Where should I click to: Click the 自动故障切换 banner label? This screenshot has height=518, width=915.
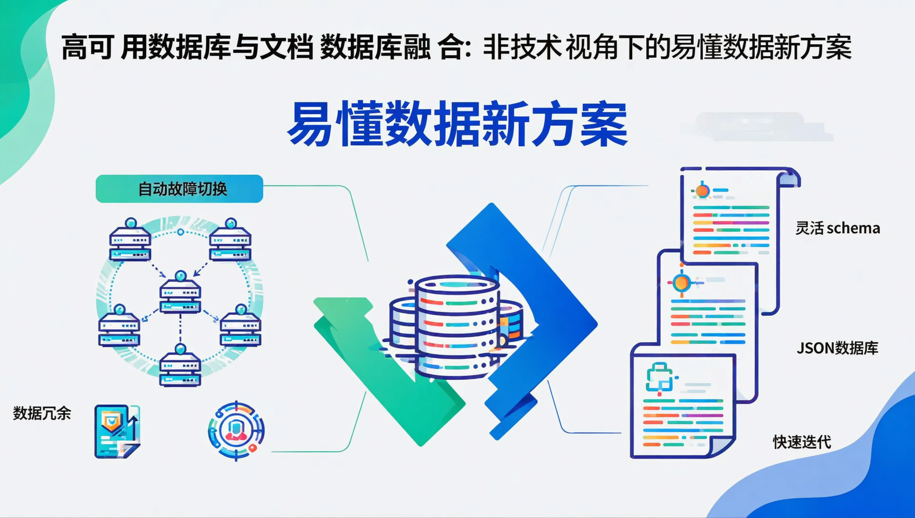point(180,189)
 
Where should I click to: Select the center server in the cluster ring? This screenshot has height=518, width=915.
point(180,295)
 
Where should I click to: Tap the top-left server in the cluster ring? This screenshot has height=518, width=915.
point(130,241)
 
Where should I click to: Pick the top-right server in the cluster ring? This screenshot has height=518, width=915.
point(230,241)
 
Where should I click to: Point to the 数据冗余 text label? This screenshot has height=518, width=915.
point(42,413)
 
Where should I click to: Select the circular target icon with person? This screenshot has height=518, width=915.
point(236,431)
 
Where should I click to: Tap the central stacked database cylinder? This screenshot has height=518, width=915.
point(456,326)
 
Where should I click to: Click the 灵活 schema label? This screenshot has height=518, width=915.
point(837,228)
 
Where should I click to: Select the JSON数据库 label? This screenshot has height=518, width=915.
point(837,348)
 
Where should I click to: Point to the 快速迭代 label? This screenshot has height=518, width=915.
point(802,442)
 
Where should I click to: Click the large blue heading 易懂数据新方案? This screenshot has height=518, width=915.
point(458,124)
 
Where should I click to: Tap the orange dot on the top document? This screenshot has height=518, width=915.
point(702,190)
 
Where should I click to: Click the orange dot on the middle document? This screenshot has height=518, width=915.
point(681,282)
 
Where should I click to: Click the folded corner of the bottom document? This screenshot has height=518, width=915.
point(720,446)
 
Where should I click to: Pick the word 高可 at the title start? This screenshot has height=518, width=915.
point(86,47)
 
